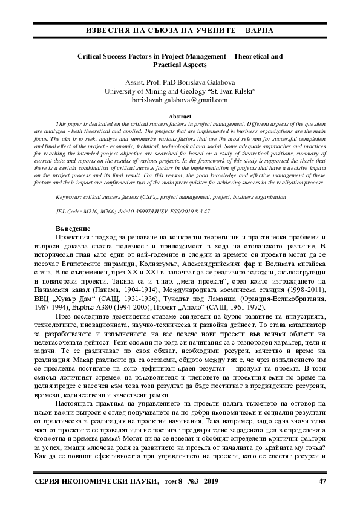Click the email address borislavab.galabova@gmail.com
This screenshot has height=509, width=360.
tap(180, 100)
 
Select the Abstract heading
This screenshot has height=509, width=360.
tap(180, 115)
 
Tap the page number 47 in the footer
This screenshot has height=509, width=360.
tap(322, 481)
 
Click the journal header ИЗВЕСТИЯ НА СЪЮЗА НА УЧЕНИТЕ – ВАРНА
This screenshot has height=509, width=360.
tap(180, 30)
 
